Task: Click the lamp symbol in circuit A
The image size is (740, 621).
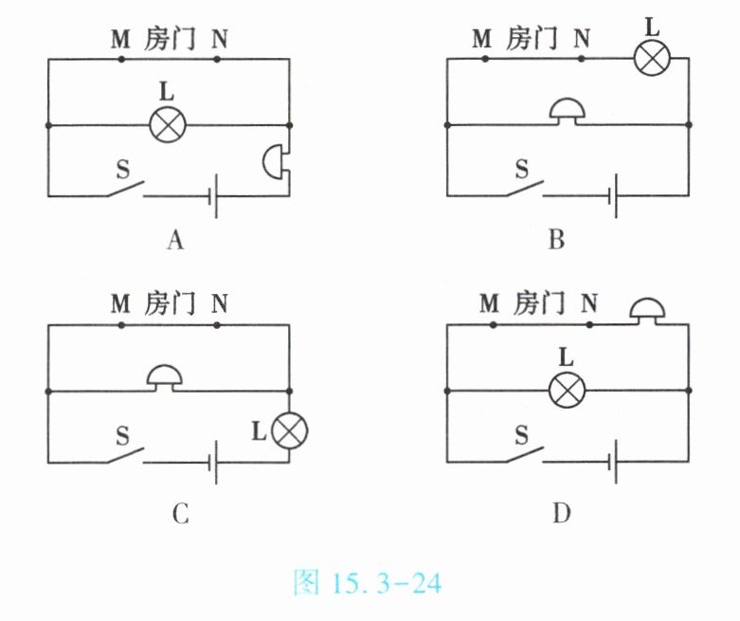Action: pos(168,124)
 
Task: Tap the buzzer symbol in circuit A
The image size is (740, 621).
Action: pos(275,160)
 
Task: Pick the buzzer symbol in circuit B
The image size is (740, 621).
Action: pos(568,112)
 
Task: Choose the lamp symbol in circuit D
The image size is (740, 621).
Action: pos(568,390)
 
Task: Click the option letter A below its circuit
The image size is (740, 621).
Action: pos(174,241)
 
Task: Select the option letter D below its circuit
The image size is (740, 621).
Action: pos(562,514)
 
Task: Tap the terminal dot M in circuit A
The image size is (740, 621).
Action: pos(122,59)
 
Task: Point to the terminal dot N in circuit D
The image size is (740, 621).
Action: pos(589,324)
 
